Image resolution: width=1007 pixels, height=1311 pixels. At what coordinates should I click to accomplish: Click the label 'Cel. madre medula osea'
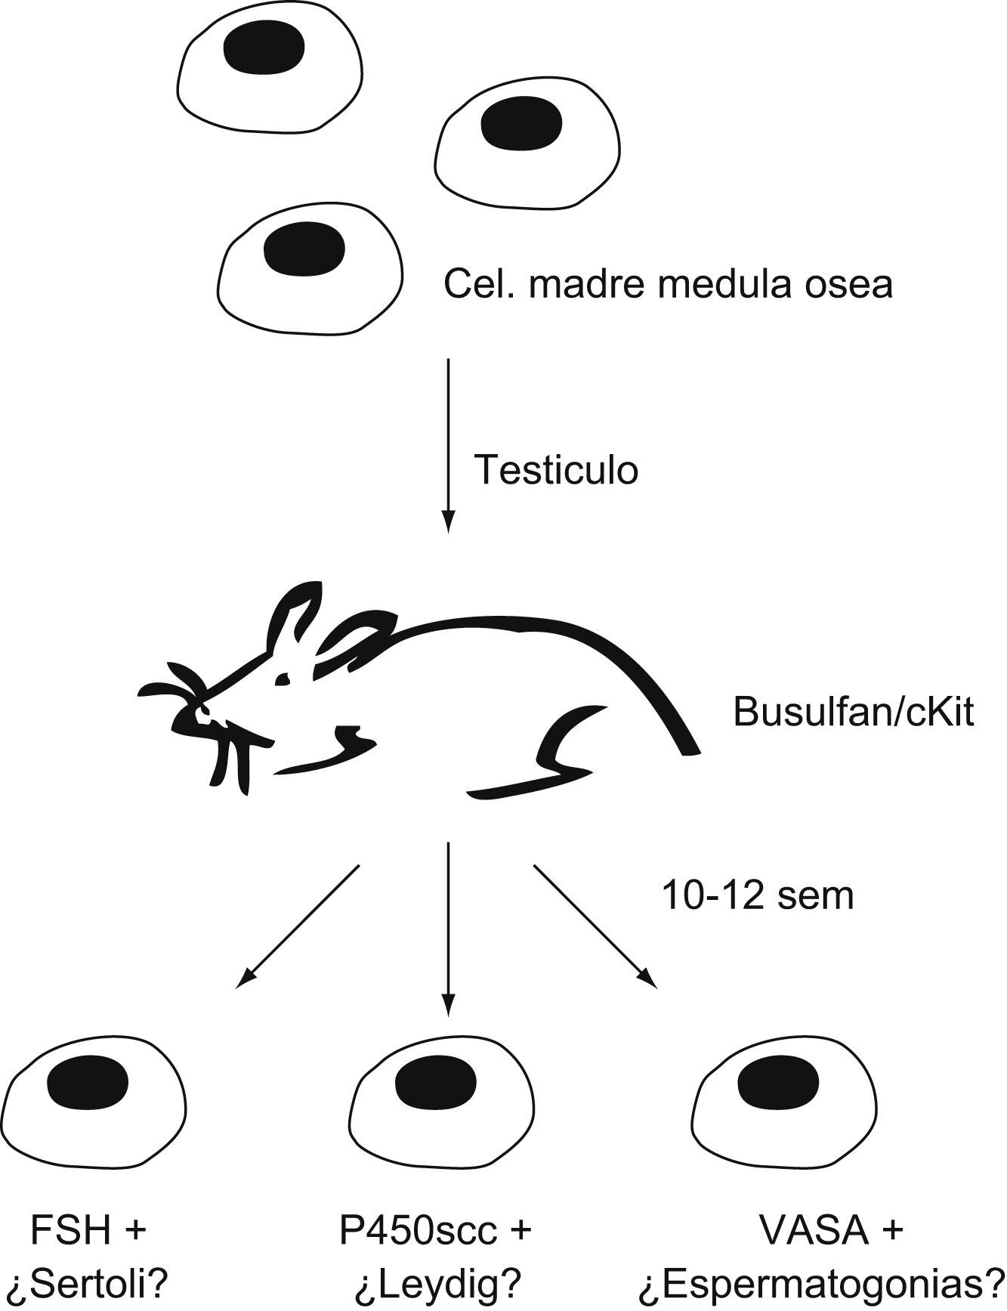[x=668, y=285]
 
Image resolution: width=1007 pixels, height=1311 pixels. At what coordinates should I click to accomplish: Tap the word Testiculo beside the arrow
[x=556, y=470]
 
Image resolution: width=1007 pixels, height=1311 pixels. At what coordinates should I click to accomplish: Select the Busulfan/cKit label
[x=854, y=712]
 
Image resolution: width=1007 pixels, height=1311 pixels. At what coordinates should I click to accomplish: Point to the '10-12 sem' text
[x=758, y=896]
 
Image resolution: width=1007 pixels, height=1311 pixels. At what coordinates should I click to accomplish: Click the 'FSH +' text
[x=88, y=1230]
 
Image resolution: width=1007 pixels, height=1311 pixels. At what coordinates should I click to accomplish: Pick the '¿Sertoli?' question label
[x=88, y=1282]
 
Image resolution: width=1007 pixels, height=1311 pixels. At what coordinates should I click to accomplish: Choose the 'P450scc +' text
[x=436, y=1230]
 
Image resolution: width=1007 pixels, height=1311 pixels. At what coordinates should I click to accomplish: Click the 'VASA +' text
[x=832, y=1230]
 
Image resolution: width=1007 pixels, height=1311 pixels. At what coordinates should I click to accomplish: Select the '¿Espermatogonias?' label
[x=821, y=1282]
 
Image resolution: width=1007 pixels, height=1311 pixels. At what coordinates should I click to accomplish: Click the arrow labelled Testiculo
[x=449, y=446]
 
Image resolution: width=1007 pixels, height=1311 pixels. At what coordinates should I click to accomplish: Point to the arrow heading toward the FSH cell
[x=298, y=927]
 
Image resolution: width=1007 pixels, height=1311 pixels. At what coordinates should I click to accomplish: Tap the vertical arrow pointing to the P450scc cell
[x=449, y=929]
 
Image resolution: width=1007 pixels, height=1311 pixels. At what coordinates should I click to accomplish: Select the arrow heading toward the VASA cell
[x=594, y=926]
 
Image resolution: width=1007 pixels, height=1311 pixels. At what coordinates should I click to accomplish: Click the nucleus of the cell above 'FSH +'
[x=88, y=1086]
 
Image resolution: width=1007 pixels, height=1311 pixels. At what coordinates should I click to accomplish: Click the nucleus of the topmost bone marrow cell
[x=264, y=48]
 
